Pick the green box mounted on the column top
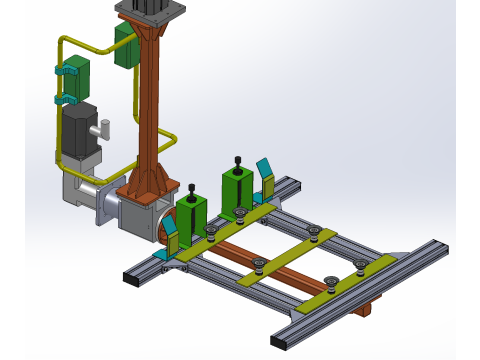(x=127, y=46)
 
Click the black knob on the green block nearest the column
(x=191, y=187)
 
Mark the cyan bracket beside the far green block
(x=265, y=176)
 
